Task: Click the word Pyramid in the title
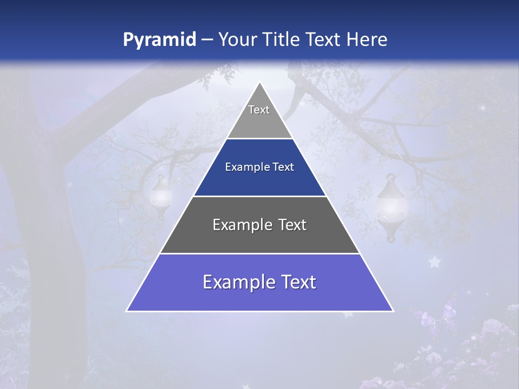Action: (159, 40)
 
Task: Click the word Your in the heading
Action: (237, 39)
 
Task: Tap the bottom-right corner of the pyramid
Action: (392, 311)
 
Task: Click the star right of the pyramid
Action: (434, 262)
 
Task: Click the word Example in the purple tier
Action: (236, 283)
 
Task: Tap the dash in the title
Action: (207, 40)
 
